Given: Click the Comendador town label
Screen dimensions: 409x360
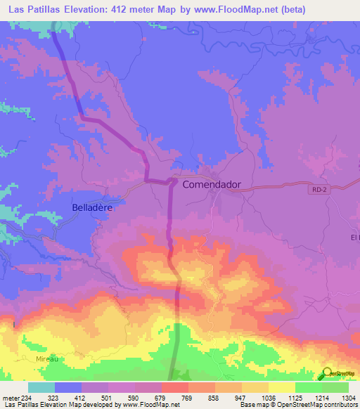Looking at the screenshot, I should tap(212, 185).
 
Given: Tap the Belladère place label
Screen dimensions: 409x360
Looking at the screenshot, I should tap(93, 208).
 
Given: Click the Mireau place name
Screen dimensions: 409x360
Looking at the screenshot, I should tap(46, 358).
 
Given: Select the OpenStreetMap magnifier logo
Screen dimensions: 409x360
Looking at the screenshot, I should tap(327, 372).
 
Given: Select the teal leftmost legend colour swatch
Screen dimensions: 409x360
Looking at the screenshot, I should tap(41, 387).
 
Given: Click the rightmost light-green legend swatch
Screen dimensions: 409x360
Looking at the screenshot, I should tap(335, 387).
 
